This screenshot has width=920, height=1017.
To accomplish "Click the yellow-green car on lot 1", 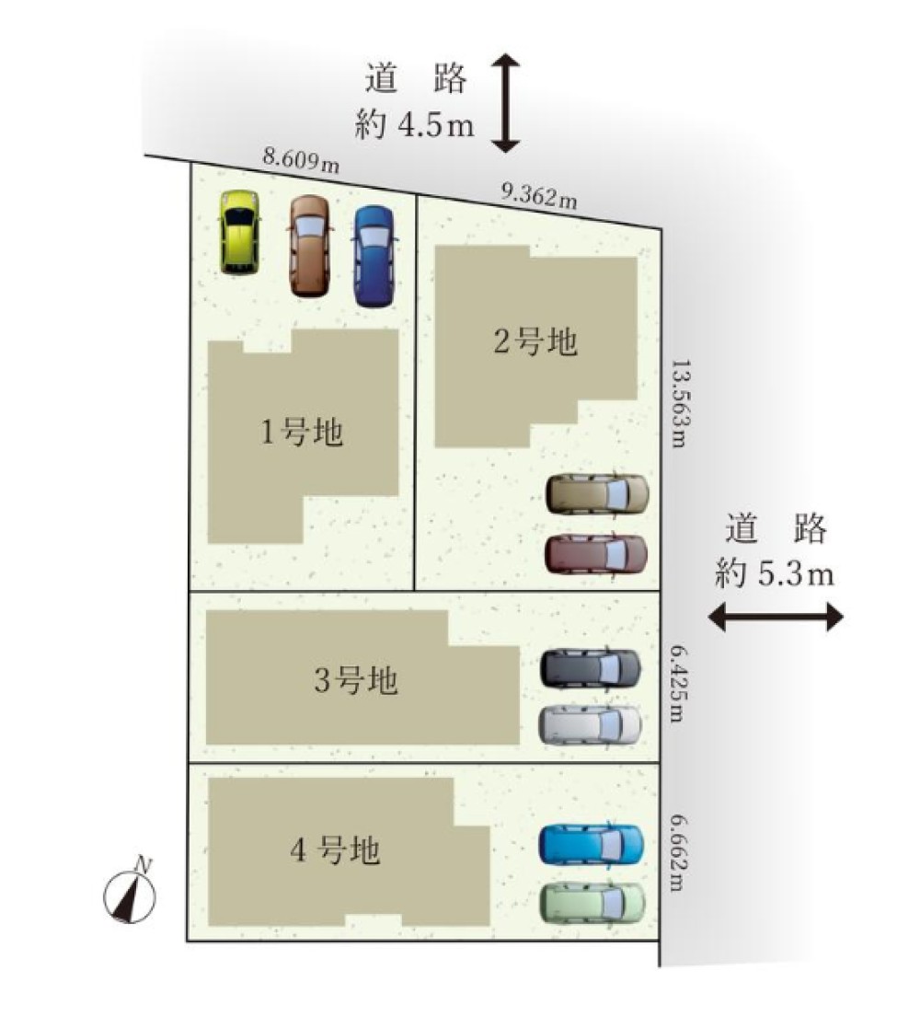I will (239, 232).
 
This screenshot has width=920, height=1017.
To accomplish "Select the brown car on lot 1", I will (309, 246).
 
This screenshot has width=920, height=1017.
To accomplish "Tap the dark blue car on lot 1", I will (373, 255).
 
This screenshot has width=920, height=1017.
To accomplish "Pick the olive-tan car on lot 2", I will (597, 494).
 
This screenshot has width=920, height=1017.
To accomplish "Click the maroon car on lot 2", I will (596, 554).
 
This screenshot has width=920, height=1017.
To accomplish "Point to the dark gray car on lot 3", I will (591, 667).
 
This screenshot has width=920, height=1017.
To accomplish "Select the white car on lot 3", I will (590, 724).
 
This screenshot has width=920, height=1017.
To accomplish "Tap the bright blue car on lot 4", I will (591, 844).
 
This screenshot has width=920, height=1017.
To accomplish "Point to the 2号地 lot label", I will (535, 342).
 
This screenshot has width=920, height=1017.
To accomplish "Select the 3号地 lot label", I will (356, 682).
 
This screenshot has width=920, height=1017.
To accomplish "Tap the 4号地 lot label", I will (335, 851).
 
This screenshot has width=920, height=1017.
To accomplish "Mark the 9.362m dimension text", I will (539, 194).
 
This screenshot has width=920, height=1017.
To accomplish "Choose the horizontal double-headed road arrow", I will (776, 616).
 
